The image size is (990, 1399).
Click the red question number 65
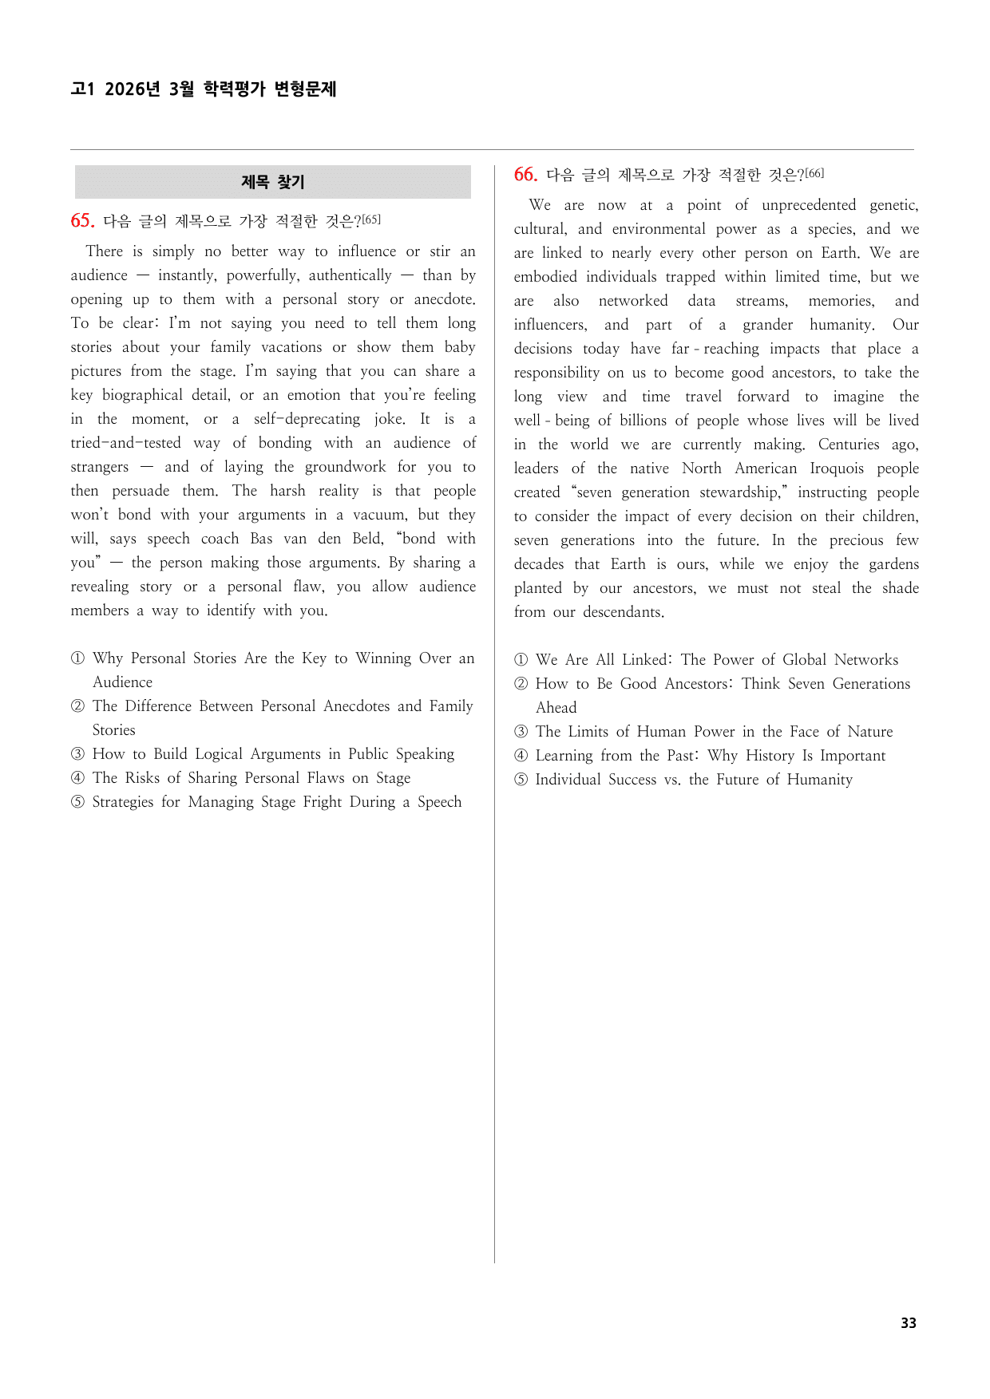click(x=82, y=221)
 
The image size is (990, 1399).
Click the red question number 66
click(x=525, y=175)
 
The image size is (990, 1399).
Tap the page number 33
click(x=908, y=1322)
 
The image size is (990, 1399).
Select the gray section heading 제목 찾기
click(x=273, y=182)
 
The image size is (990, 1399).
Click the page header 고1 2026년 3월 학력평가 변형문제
click(x=204, y=89)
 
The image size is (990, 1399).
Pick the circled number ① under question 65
click(x=77, y=658)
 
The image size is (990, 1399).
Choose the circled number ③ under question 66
click(x=521, y=732)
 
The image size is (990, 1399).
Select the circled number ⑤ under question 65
click(x=77, y=802)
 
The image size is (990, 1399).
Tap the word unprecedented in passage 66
click(x=808, y=205)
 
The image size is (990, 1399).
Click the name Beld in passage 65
click(x=366, y=539)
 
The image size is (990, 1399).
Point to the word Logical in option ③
click(x=219, y=754)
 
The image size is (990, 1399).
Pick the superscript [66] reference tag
click(x=814, y=173)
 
